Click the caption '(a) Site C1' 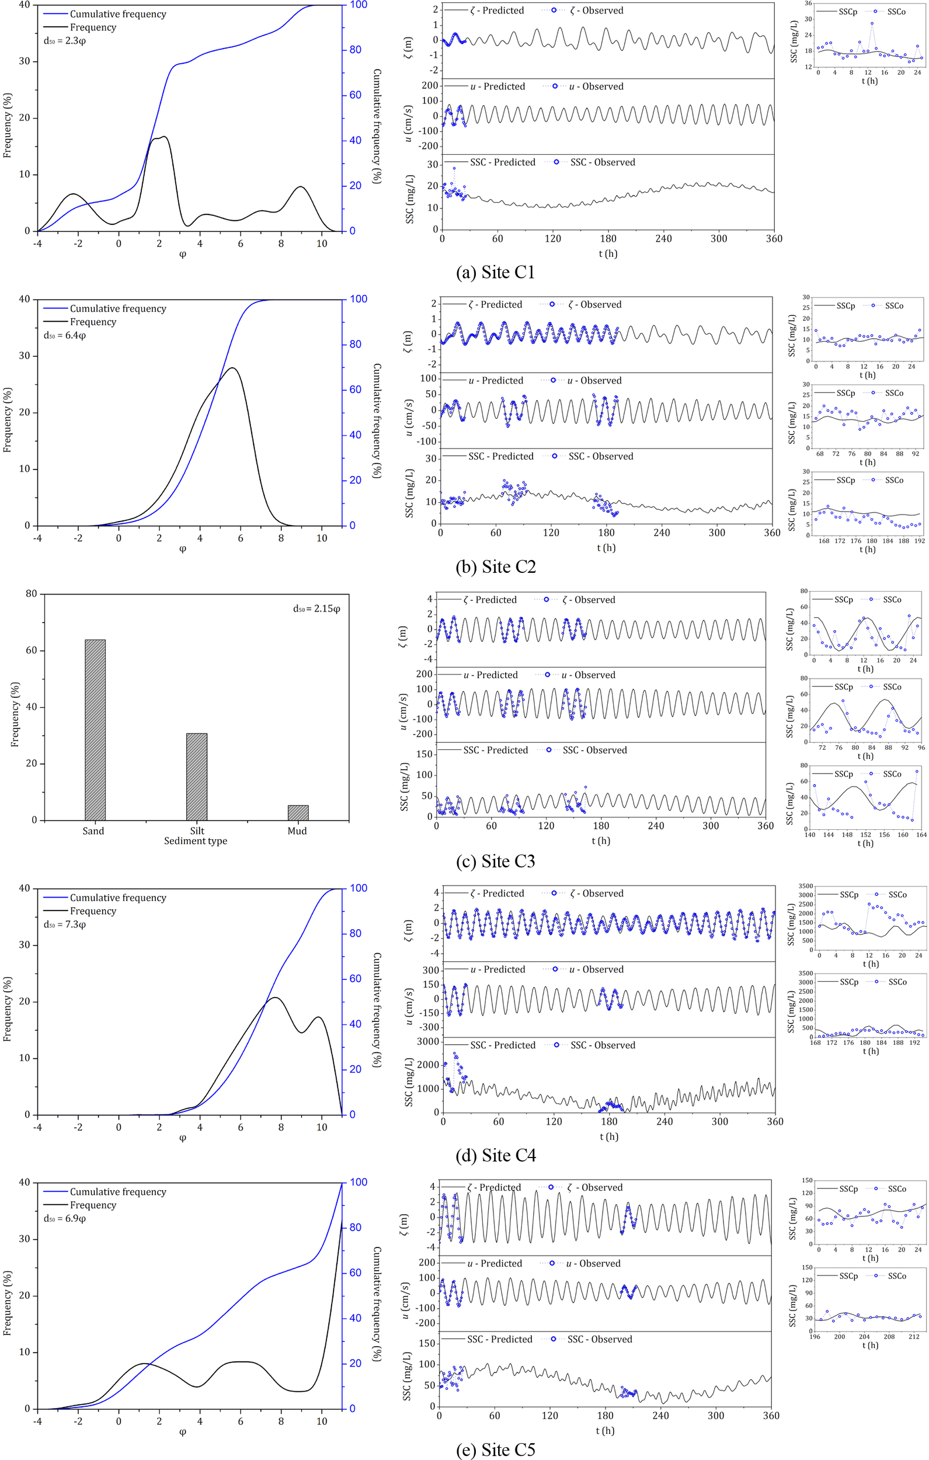[x=495, y=272]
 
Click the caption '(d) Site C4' [x=495, y=1155]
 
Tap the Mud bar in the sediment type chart [x=298, y=812]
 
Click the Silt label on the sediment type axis [x=196, y=830]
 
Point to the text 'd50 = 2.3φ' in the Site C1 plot [x=65, y=41]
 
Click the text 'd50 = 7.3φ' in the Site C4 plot [x=65, y=924]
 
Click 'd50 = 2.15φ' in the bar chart [x=316, y=608]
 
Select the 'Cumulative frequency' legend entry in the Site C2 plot [x=117, y=308]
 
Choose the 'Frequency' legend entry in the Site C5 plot [x=93, y=1205]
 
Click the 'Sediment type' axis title [x=195, y=841]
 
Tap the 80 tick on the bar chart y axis [x=32, y=593]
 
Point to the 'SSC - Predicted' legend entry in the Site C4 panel [x=502, y=1045]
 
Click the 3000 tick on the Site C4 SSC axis [x=428, y=1041]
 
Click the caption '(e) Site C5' [x=495, y=1449]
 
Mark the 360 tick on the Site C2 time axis [x=771, y=533]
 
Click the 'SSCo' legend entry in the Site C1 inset [x=896, y=12]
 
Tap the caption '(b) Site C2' [x=495, y=566]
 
